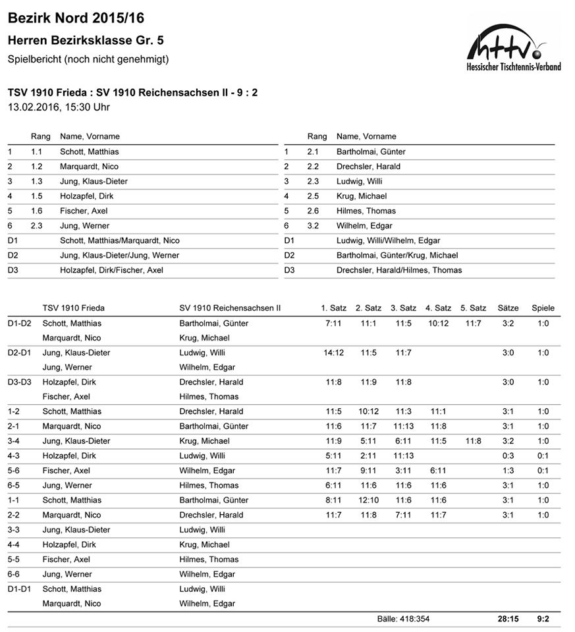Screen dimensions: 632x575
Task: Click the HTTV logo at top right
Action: tap(513, 49)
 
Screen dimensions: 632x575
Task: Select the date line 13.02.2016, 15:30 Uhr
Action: tap(59, 107)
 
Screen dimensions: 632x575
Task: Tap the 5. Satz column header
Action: tap(473, 307)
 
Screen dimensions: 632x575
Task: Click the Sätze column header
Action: tap(508, 307)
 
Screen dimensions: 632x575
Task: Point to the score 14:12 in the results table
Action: tap(333, 353)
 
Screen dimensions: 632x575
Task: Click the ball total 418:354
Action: tap(403, 619)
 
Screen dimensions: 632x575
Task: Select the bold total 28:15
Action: tap(508, 619)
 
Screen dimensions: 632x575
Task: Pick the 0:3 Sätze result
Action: tap(508, 456)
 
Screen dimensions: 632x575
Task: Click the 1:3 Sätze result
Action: tap(508, 471)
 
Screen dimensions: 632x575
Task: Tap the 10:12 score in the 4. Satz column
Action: tap(437, 323)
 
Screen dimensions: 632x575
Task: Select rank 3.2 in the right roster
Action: tap(313, 226)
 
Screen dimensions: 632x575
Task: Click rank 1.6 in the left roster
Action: tap(36, 211)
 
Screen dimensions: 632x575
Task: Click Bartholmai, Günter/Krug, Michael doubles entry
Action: tap(397, 255)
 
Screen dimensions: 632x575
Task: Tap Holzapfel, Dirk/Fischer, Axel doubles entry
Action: tap(111, 270)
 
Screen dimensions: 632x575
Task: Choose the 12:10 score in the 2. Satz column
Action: tap(368, 500)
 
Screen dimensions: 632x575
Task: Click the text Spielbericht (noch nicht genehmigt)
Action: tap(88, 59)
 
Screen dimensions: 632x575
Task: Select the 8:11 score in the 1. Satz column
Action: tap(333, 500)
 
